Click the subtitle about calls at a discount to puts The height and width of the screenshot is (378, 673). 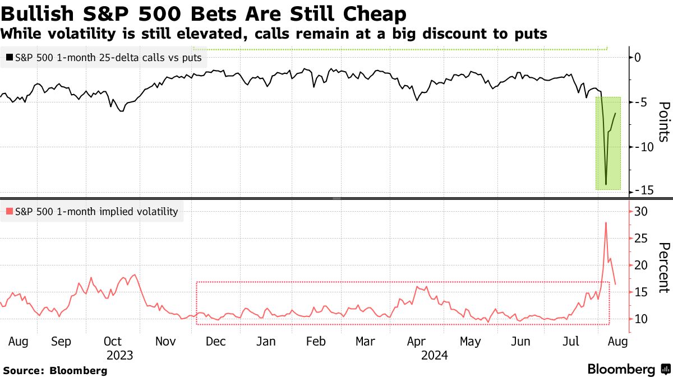274,34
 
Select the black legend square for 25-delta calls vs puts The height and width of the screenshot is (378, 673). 10,57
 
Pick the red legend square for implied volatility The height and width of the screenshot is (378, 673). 10,212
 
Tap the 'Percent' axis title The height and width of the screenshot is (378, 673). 663,268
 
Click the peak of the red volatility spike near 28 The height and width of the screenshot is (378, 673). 606,223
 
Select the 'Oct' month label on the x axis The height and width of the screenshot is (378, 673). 113,341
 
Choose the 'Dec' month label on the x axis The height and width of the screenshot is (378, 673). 216,341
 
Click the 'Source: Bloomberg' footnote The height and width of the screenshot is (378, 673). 55,370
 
